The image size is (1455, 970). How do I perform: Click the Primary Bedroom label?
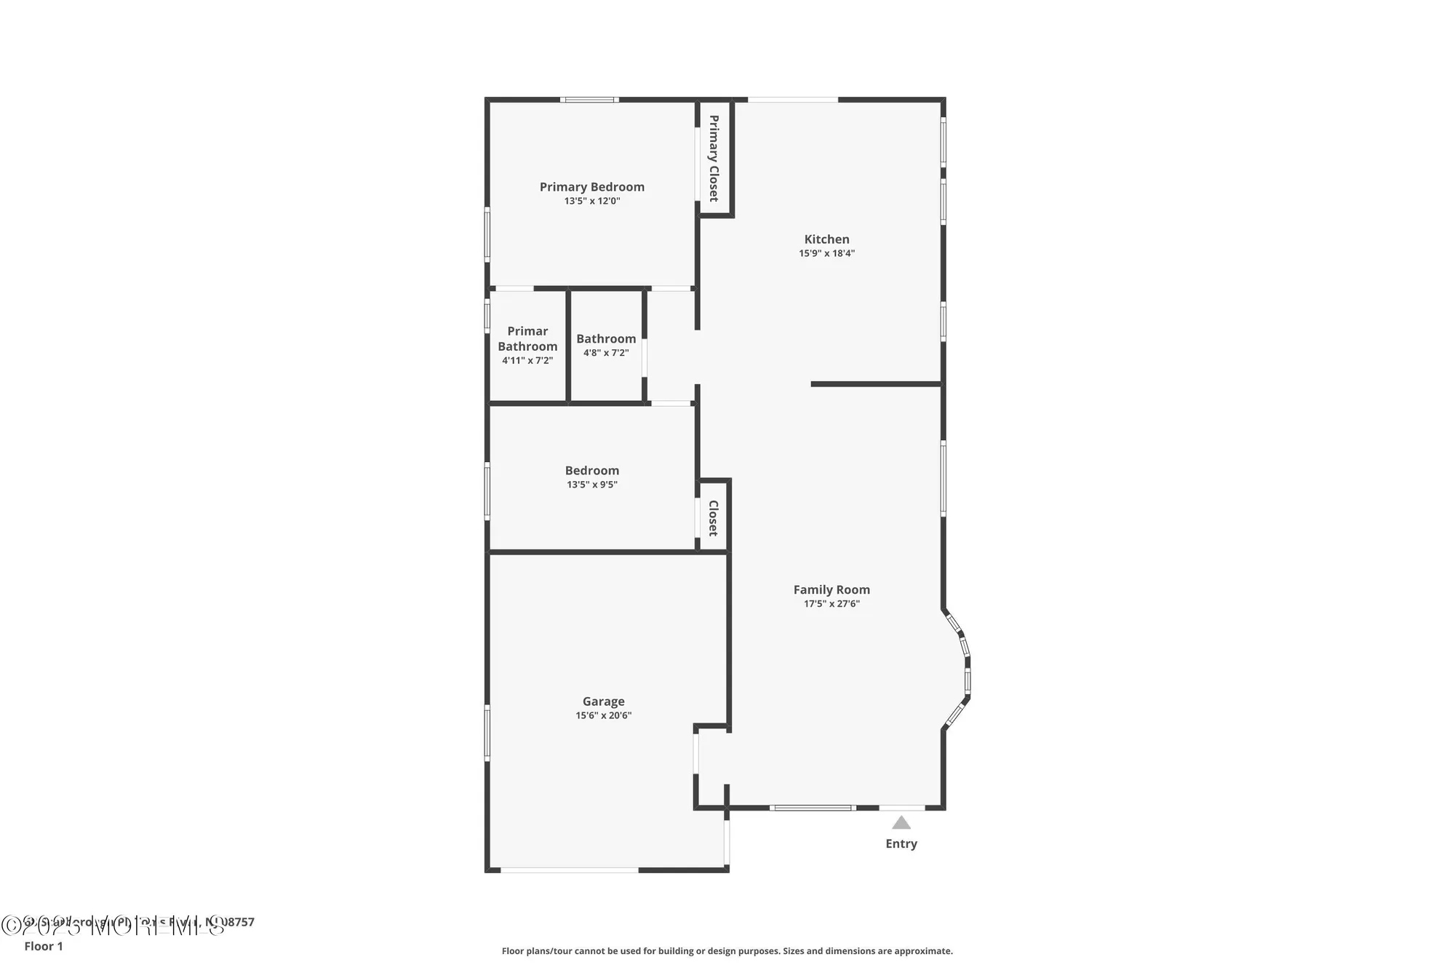click(x=591, y=187)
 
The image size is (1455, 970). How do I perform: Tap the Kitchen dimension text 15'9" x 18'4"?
click(x=826, y=253)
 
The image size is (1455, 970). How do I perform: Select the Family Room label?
click(x=832, y=589)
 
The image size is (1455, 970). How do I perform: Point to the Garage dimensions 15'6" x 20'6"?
click(x=603, y=715)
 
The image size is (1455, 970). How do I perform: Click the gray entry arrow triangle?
click(x=901, y=823)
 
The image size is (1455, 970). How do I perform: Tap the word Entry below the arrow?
click(x=901, y=843)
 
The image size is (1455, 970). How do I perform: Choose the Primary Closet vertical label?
click(x=714, y=158)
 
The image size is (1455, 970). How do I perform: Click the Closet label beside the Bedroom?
click(x=713, y=517)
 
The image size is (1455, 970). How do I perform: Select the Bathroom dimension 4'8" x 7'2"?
click(x=606, y=353)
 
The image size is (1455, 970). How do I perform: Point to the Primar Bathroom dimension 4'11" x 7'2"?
click(x=527, y=360)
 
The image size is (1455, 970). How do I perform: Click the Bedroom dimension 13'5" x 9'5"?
click(x=591, y=485)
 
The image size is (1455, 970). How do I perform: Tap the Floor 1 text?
click(x=44, y=946)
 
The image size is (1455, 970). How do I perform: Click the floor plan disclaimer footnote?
click(x=727, y=951)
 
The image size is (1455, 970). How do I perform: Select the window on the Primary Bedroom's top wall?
click(x=589, y=100)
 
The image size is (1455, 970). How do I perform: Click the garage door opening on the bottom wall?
click(x=569, y=870)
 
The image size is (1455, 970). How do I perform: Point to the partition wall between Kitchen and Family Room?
click(x=876, y=383)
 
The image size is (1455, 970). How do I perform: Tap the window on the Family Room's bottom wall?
click(x=812, y=807)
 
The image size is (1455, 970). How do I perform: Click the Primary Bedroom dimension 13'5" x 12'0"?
click(x=591, y=201)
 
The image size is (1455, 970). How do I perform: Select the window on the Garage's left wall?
click(x=487, y=732)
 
